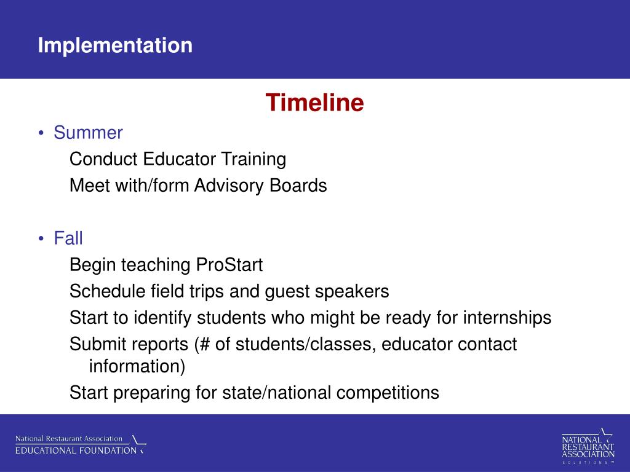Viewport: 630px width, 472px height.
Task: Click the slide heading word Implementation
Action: [x=115, y=45]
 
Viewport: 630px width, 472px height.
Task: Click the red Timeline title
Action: [x=314, y=103]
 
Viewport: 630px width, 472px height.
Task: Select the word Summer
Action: [x=88, y=133]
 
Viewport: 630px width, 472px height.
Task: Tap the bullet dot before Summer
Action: [x=41, y=133]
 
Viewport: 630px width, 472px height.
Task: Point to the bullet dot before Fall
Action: [x=41, y=238]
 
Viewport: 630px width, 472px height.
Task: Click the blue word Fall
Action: [x=68, y=238]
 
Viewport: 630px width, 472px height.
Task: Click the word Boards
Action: [x=298, y=186]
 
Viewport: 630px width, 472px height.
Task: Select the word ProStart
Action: [x=229, y=265]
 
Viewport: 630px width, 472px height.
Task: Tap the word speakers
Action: [x=352, y=291]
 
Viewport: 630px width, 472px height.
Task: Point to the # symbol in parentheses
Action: [x=204, y=344]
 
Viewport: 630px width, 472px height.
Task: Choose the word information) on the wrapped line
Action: [x=137, y=366]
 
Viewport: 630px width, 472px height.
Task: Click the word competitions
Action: [x=388, y=393]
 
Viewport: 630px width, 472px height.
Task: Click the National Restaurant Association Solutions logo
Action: [x=588, y=446]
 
